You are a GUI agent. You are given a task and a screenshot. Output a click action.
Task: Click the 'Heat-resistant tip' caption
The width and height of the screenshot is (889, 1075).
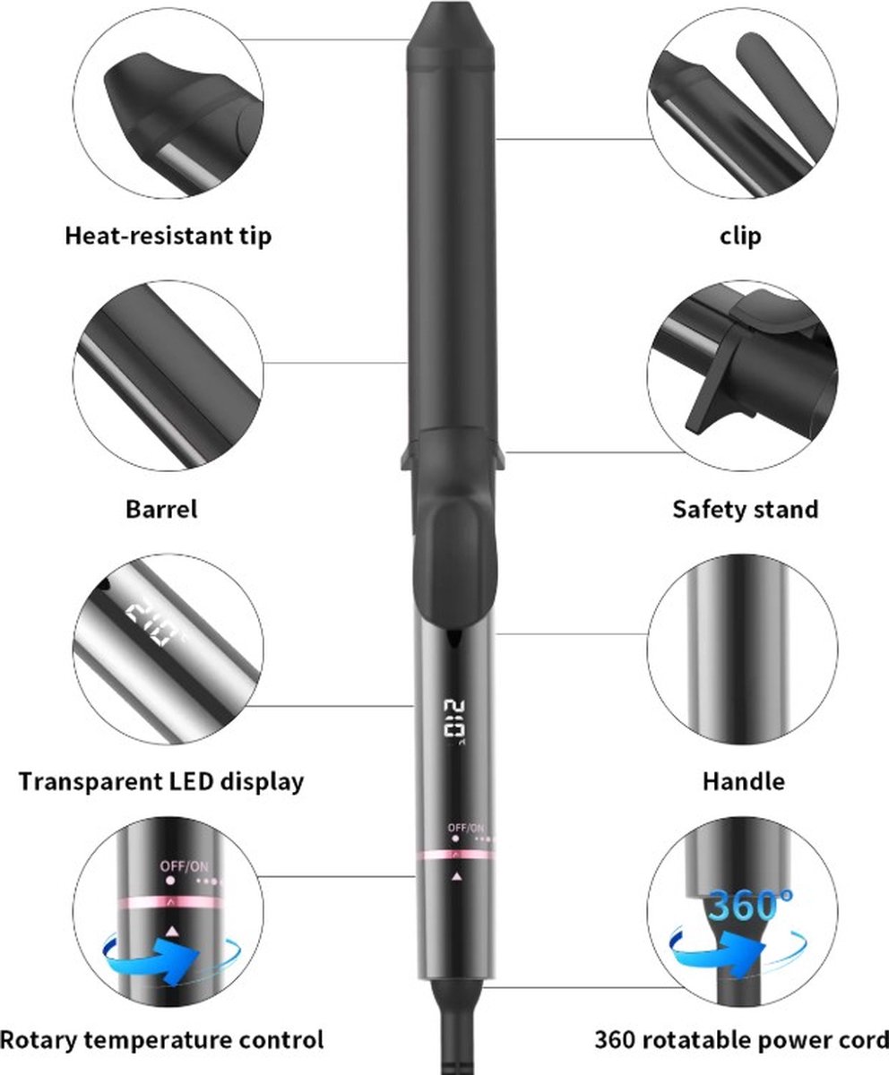coord(168,236)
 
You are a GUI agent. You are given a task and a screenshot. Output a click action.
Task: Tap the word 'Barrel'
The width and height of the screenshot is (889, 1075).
coord(161,510)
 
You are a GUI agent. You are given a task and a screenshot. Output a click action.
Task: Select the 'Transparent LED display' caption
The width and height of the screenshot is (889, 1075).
coord(161,781)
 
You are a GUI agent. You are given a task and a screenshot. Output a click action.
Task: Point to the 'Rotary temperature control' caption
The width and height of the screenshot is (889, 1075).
coord(161,1041)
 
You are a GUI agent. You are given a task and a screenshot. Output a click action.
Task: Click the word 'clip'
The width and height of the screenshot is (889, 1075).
coord(740,236)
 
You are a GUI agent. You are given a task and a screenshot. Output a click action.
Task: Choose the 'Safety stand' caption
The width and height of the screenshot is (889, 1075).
coord(746,510)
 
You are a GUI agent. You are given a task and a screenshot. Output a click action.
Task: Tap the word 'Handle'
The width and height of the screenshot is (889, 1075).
coord(743,781)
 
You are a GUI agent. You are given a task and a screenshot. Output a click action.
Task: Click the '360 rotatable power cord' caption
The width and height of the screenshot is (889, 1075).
coord(741,1041)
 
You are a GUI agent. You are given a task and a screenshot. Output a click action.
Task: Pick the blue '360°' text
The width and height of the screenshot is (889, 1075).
coord(743,905)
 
